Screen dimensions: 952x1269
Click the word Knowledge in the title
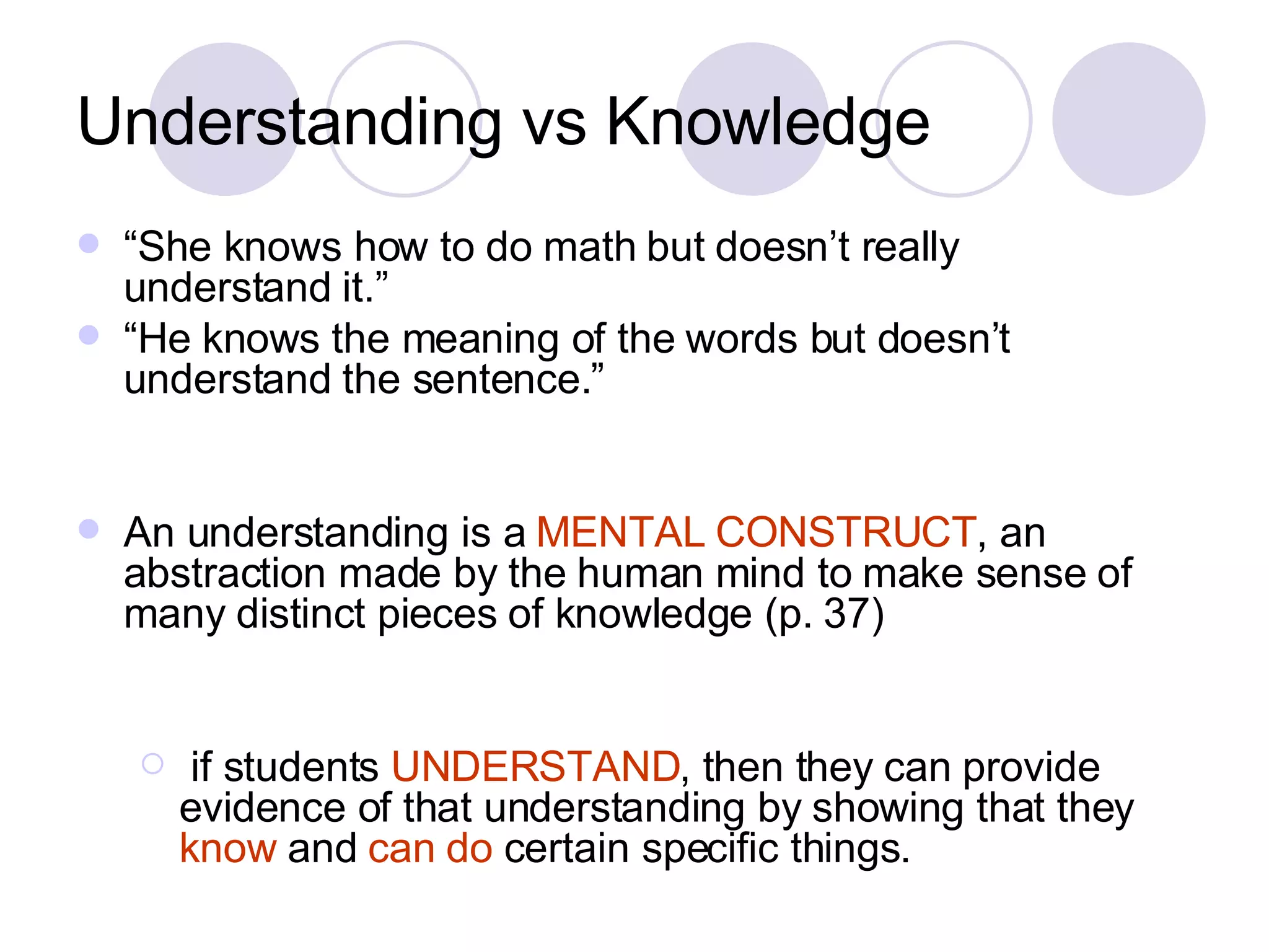point(767,122)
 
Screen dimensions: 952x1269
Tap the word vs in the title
point(554,123)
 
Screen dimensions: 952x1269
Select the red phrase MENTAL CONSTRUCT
point(756,532)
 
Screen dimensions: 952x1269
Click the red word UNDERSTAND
point(536,767)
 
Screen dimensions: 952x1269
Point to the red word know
point(228,848)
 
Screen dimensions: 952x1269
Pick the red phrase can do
point(431,848)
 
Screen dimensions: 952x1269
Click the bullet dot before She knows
point(89,244)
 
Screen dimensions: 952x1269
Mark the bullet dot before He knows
point(89,335)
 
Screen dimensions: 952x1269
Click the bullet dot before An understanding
point(89,529)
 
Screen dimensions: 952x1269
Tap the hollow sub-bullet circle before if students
point(152,764)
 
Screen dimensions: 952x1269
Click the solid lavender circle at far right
point(1128,119)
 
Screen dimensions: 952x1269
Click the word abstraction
point(224,573)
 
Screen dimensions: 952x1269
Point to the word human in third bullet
point(639,573)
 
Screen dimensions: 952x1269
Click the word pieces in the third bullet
point(437,614)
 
